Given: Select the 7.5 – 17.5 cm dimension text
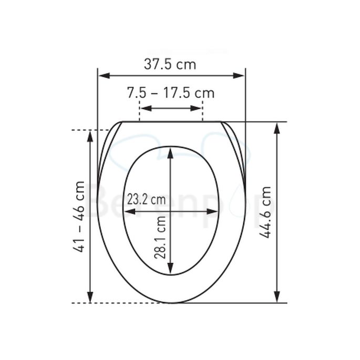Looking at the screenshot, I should pos(171,93).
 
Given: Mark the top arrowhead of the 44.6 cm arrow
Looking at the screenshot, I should pos(277,127).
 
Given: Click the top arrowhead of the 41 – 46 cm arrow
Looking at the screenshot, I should pos(90,135).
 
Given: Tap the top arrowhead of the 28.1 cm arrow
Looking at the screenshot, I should pos(170,152).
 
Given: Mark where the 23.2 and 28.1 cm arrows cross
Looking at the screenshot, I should pos(170,211).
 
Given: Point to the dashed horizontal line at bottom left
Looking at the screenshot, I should pos(84,303).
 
